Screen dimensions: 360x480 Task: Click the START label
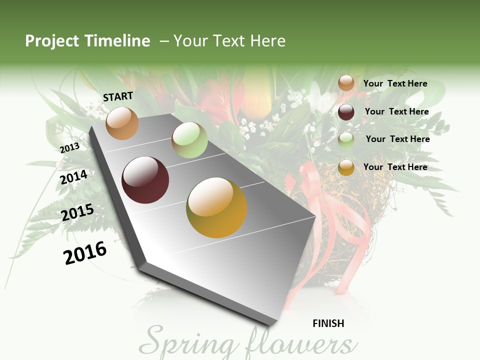click(x=118, y=96)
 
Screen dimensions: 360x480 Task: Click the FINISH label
click(x=328, y=323)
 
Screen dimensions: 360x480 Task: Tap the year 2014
click(x=74, y=177)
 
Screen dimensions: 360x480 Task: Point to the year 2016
click(x=85, y=252)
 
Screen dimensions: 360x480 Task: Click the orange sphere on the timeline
click(x=122, y=123)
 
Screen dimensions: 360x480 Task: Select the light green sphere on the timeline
click(x=189, y=140)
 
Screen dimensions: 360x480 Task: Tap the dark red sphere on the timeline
click(x=145, y=180)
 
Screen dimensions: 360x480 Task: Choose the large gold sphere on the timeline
click(x=216, y=207)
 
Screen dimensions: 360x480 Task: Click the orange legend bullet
click(x=346, y=83)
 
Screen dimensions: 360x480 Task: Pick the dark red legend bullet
click(x=346, y=112)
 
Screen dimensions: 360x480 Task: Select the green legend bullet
click(x=346, y=140)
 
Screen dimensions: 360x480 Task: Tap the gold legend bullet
click(x=346, y=167)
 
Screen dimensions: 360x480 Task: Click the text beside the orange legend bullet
click(x=395, y=83)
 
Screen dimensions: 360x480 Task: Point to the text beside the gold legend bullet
click(x=395, y=167)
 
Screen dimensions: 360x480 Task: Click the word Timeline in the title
click(x=117, y=41)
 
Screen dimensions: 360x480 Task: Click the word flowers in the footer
click(x=300, y=343)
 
